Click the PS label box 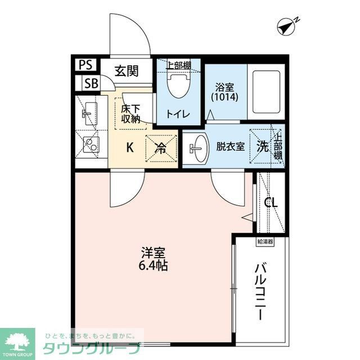(x=86, y=65)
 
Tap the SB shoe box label (x=91, y=84)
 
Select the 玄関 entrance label (x=127, y=71)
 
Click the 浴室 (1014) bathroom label (x=225, y=92)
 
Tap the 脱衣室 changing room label (x=231, y=147)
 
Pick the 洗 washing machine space (x=262, y=146)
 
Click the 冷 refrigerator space (x=160, y=148)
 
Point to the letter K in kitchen (x=129, y=148)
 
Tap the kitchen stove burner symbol (x=89, y=145)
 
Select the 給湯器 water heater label (x=265, y=242)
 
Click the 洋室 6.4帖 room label (x=154, y=259)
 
